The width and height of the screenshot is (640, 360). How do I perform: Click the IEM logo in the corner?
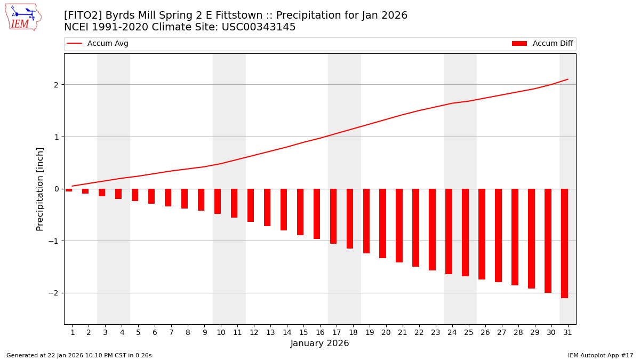coord(23,17)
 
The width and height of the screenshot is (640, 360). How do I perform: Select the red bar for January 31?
coord(564,243)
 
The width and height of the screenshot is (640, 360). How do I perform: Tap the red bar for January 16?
coord(317,214)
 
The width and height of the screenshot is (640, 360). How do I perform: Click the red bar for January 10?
coord(218,201)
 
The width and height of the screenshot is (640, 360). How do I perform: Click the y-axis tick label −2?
coord(54,293)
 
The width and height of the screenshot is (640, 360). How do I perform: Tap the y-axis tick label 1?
coord(56,137)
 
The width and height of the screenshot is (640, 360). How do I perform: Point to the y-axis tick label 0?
coord(56,189)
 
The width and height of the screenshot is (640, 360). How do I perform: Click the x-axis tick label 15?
coord(303,332)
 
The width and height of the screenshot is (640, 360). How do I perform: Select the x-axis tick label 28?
coord(518,332)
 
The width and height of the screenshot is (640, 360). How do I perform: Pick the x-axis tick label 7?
coord(171,332)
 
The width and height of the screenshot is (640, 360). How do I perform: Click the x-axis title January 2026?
coord(319,343)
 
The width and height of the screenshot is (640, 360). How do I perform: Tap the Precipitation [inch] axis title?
coord(40,189)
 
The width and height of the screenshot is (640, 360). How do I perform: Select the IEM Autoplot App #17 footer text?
coord(600,355)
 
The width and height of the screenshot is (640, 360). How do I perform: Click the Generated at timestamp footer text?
coord(79,355)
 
